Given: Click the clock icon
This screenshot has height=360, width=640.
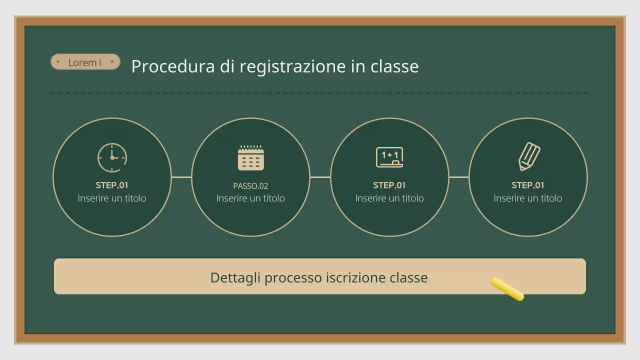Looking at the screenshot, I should coord(112,157).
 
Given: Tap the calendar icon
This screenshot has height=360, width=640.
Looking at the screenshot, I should coord(250,158).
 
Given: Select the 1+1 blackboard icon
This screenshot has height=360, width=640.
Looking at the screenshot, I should coord(389,157).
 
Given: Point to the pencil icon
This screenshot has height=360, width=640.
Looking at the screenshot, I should coord(529,156).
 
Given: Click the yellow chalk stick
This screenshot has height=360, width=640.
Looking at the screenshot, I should coord(507,289).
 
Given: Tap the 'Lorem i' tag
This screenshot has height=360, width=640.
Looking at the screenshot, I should coord(85,62).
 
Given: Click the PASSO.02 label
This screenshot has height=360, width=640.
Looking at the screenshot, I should coord(250,186).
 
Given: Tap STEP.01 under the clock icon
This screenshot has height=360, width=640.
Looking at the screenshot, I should coord(112,185).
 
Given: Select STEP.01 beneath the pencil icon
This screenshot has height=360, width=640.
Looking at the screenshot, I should coord(528,185).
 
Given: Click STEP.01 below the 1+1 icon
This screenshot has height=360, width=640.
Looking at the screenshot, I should coord(389,185).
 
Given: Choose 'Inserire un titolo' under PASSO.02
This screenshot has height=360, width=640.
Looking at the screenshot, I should coord(250,198).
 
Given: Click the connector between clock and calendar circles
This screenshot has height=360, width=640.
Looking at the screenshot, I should coord(181,177).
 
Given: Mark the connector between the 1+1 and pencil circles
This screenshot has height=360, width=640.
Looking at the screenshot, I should coord(459,177).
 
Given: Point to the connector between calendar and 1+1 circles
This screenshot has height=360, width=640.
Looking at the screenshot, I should coord(320,177).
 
